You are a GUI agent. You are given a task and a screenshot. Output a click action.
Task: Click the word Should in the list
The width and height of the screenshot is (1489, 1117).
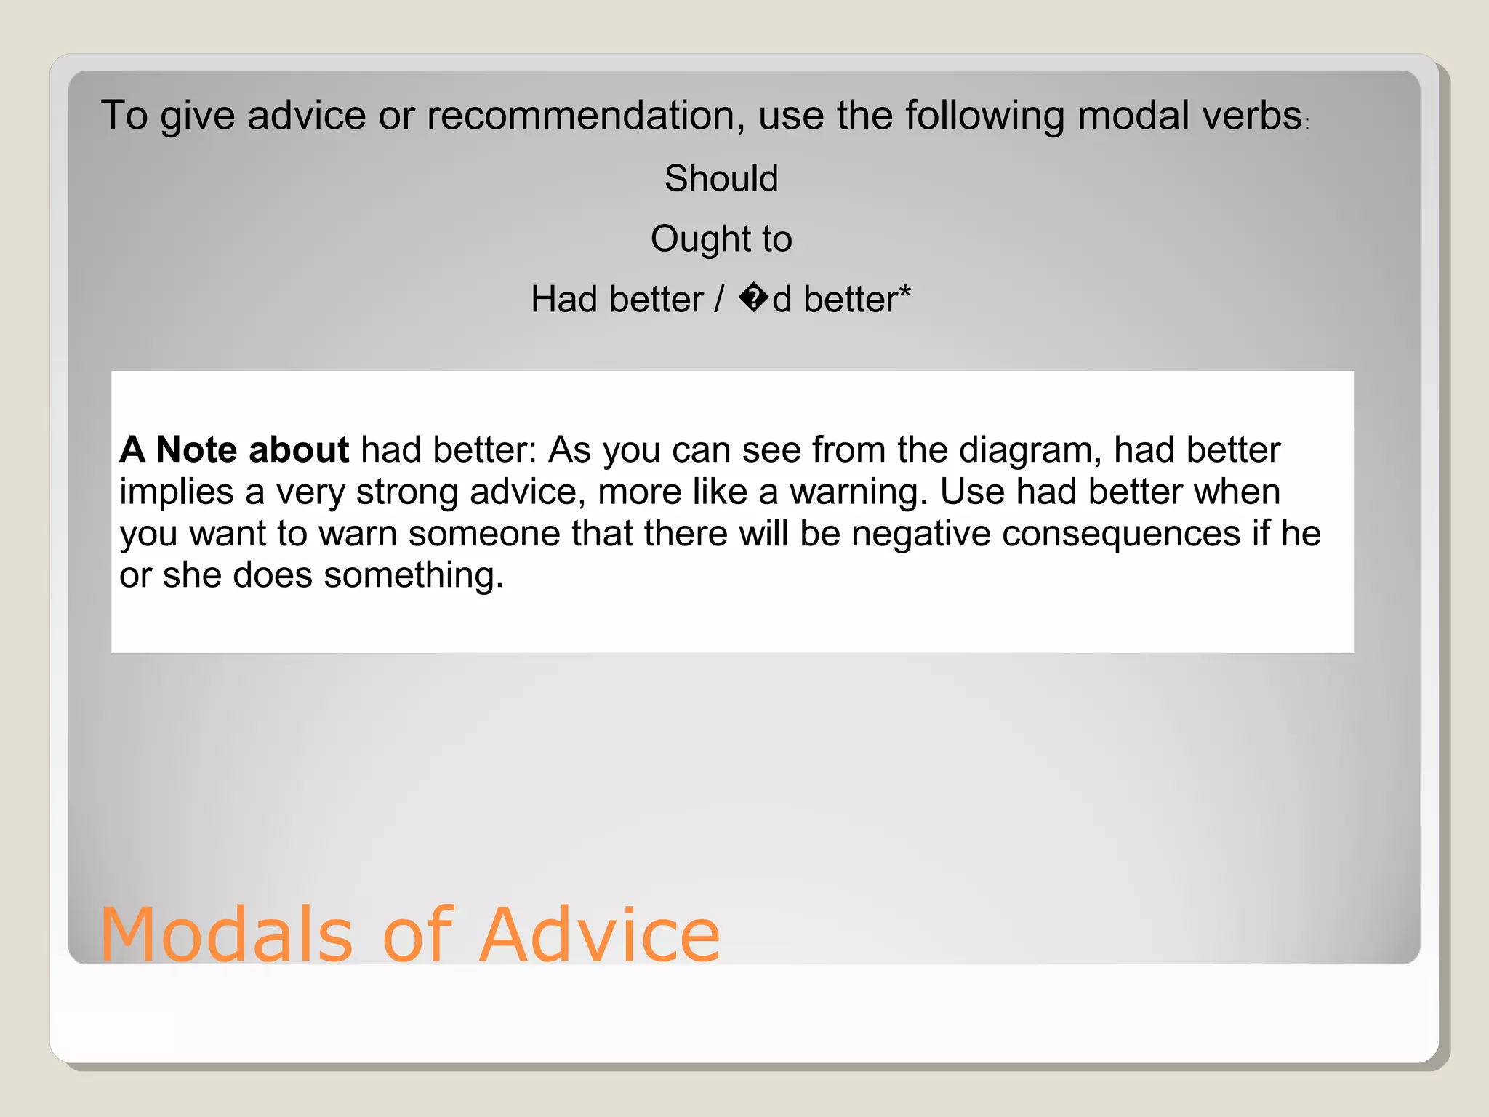click(x=721, y=179)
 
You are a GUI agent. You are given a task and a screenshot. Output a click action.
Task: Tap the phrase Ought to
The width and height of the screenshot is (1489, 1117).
click(x=721, y=239)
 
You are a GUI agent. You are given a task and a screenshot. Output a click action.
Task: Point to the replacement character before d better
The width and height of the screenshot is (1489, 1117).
click(x=754, y=299)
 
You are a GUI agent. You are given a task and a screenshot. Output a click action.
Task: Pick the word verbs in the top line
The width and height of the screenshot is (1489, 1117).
click(x=1251, y=116)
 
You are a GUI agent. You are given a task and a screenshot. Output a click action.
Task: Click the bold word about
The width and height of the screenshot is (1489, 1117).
click(x=299, y=449)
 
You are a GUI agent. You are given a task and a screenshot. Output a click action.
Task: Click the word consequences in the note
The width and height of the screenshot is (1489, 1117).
click(x=1120, y=534)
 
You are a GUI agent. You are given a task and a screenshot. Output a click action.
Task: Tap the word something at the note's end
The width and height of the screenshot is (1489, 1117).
click(x=413, y=575)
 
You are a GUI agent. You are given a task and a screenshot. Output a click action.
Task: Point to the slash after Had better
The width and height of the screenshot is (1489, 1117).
click(x=719, y=299)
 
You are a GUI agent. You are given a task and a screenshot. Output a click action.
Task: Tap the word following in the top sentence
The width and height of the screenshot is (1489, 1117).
click(x=984, y=116)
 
